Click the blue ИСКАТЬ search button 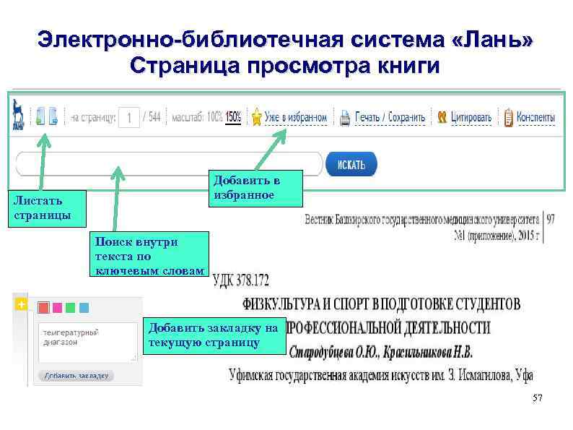tap(351, 164)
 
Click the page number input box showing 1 tap(128, 117)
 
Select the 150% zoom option tap(233, 116)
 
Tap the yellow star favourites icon tap(255, 117)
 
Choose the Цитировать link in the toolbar tap(471, 117)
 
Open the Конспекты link tap(535, 117)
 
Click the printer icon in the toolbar tap(345, 117)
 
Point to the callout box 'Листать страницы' tap(45, 208)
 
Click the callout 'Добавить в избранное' tap(245, 188)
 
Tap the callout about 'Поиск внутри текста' tap(149, 255)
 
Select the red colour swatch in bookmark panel tap(43, 307)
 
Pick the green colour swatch tap(71, 307)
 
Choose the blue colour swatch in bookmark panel tap(84, 307)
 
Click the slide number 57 tap(536, 399)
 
